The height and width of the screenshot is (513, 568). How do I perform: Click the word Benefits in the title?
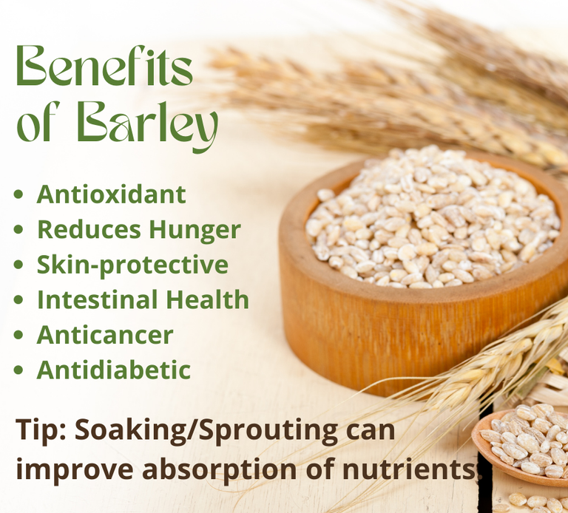pos(104,66)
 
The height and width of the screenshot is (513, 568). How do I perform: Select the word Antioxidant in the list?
pos(112,194)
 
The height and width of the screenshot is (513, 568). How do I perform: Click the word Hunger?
pos(195,231)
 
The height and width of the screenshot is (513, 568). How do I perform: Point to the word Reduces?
pos(89,230)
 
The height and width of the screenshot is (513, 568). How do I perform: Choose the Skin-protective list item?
pos(132,265)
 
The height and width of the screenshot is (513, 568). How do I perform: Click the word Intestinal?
pos(98,299)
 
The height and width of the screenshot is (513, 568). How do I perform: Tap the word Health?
pos(208,299)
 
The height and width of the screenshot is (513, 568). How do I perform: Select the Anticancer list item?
pos(105,335)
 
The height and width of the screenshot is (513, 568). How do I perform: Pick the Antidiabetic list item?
pos(114,370)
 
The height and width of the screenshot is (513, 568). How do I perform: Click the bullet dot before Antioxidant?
pos(18,194)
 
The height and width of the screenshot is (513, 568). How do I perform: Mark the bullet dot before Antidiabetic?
pos(18,370)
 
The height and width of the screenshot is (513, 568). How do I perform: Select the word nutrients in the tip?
pos(408,469)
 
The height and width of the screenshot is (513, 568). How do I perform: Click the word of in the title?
pos(35,123)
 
